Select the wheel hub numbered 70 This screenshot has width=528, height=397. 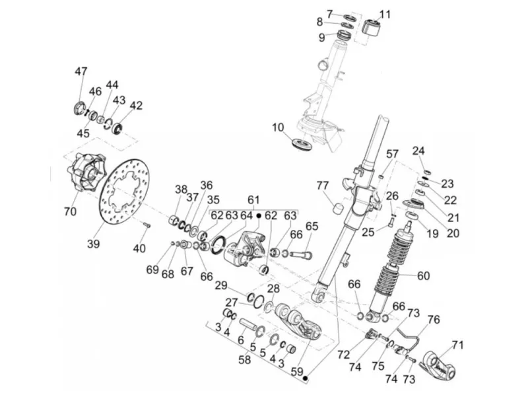click(x=85, y=172)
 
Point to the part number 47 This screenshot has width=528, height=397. click(x=81, y=72)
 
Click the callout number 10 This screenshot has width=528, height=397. click(x=278, y=127)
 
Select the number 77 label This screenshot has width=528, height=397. click(x=323, y=186)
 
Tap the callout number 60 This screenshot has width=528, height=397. click(x=424, y=275)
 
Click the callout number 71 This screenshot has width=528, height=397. click(x=457, y=345)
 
